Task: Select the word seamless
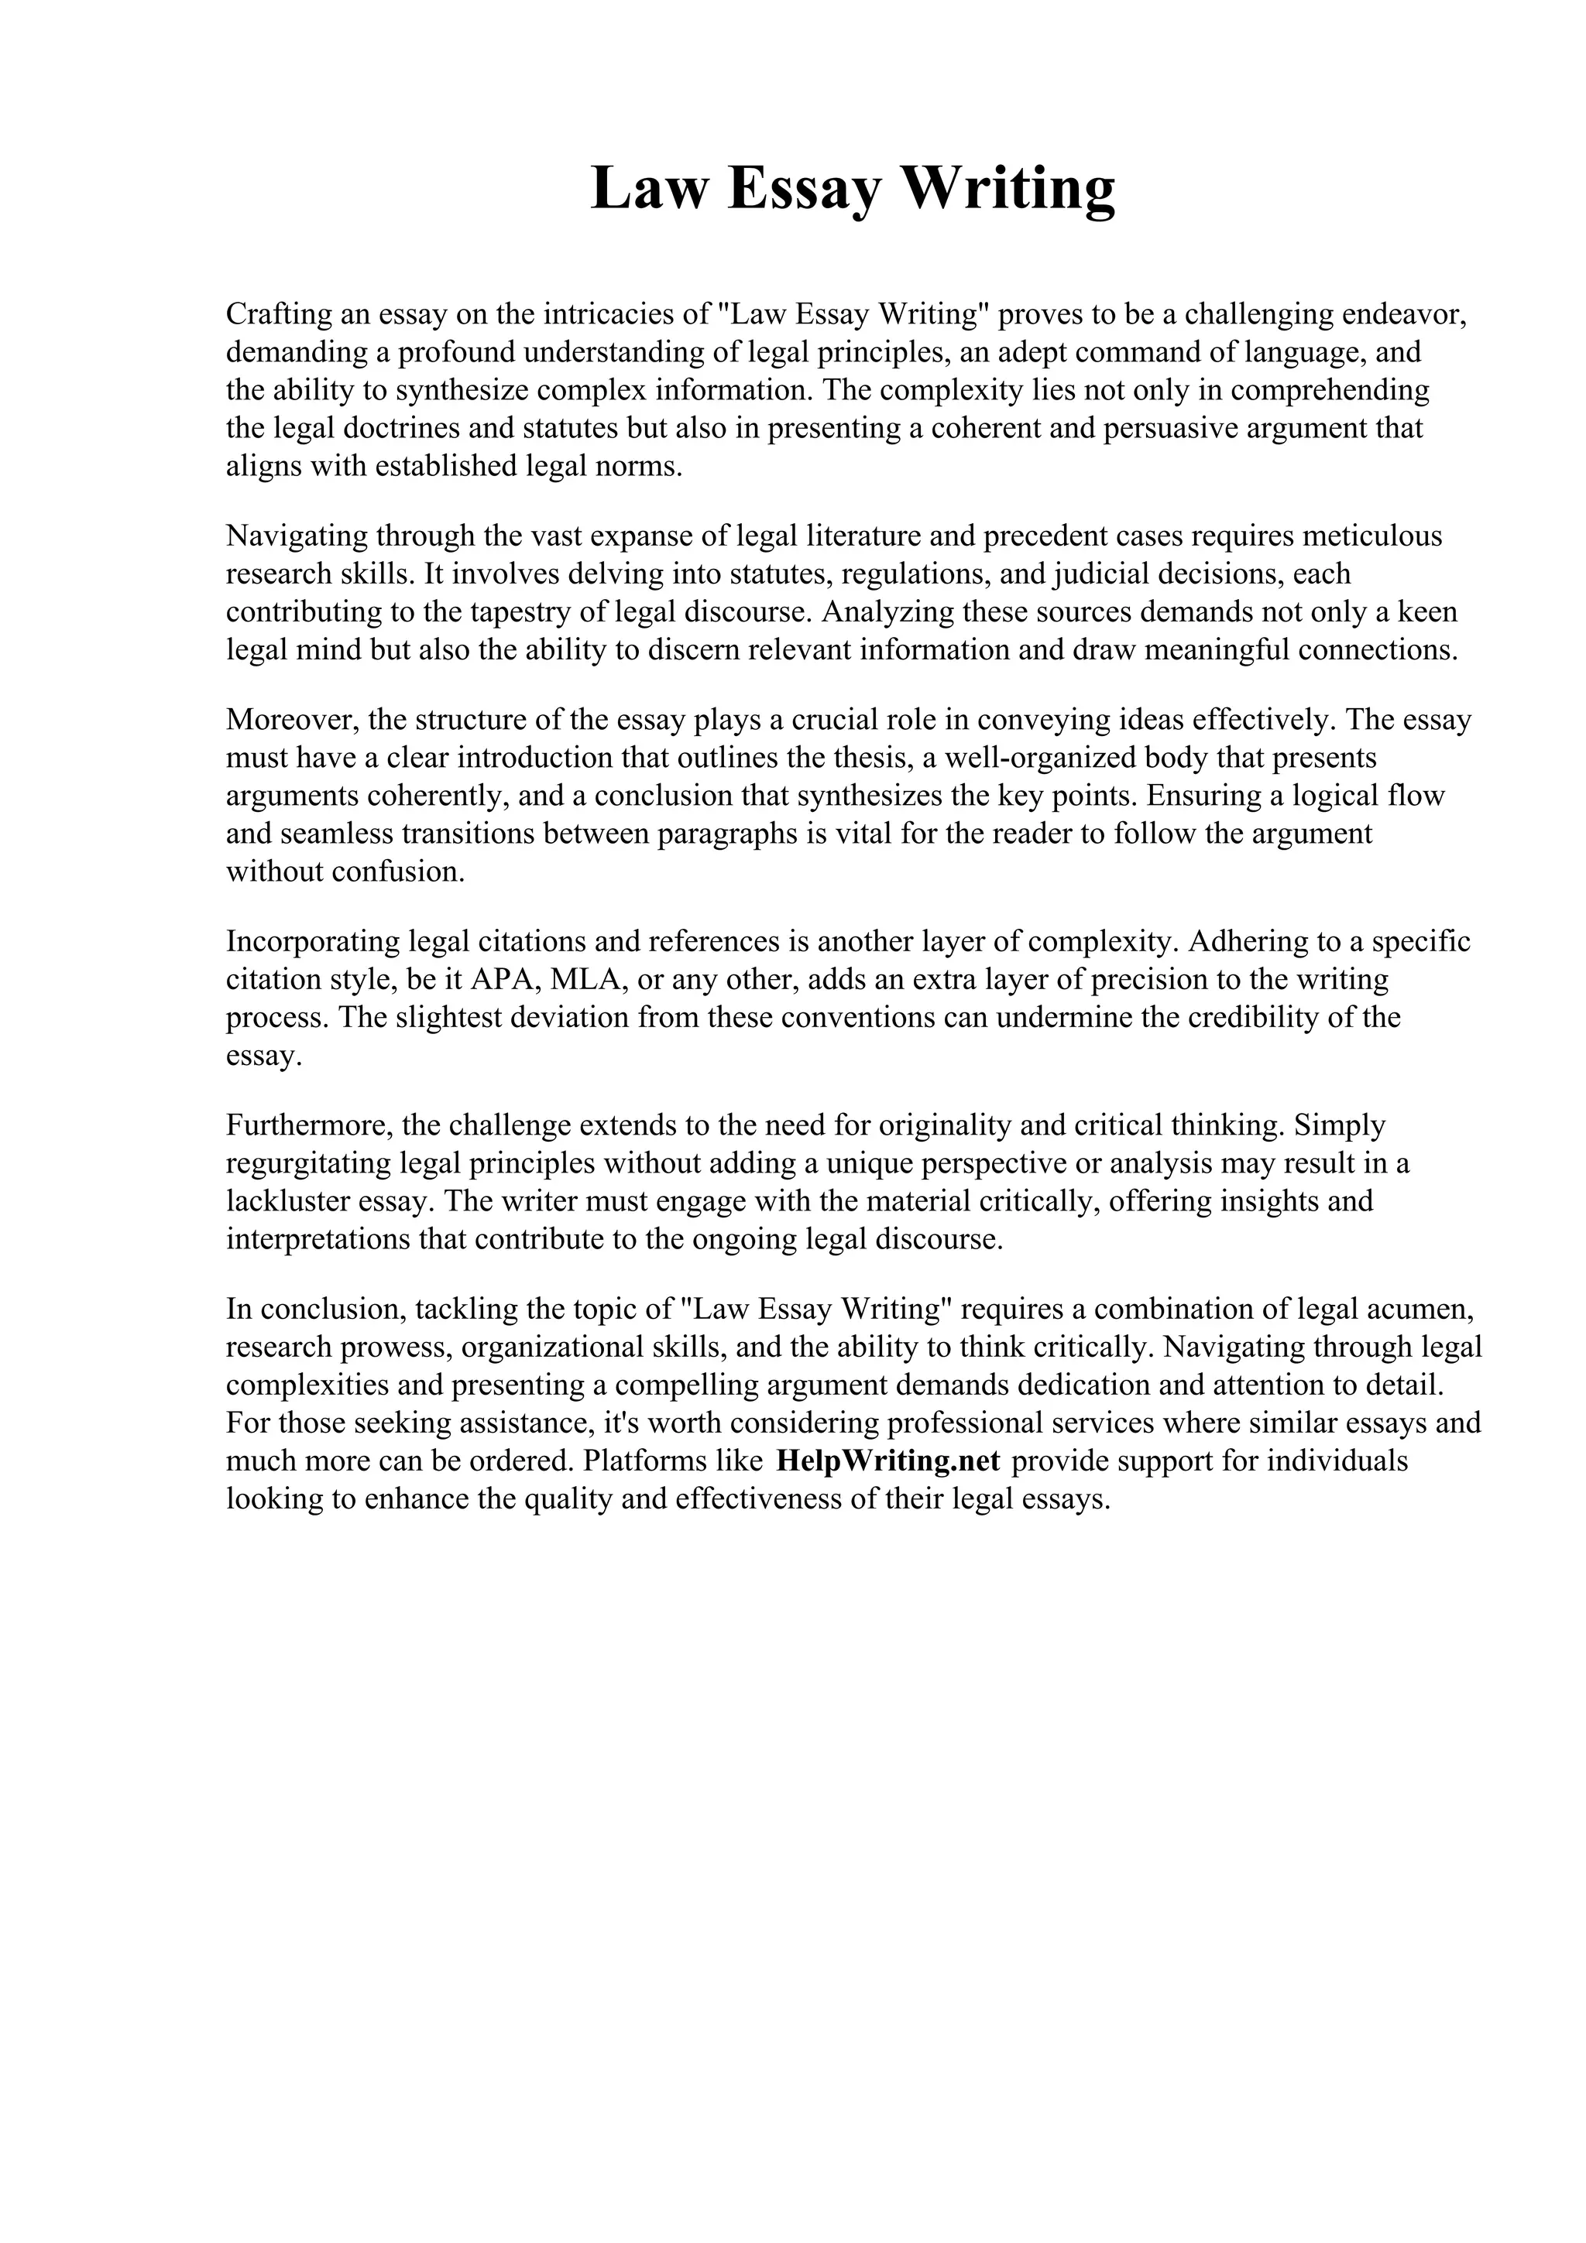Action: [x=337, y=834]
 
